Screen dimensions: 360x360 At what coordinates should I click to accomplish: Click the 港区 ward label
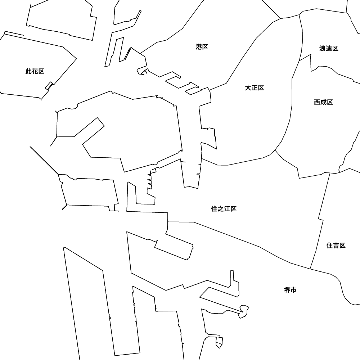click(202, 47)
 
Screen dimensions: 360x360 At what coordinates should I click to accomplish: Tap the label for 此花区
click(35, 71)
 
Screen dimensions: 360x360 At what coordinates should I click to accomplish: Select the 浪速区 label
click(329, 49)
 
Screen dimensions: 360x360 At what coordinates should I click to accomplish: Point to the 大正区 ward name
click(255, 88)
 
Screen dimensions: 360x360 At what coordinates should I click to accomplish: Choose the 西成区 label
click(324, 102)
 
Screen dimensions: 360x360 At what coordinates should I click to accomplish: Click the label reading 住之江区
click(224, 209)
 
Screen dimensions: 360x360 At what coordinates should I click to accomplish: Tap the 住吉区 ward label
click(336, 246)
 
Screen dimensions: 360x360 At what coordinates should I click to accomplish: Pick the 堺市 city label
click(290, 290)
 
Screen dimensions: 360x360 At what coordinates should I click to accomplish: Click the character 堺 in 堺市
click(287, 290)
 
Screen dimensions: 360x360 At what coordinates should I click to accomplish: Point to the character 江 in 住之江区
click(227, 209)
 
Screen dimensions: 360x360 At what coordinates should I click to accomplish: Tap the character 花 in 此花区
click(35, 71)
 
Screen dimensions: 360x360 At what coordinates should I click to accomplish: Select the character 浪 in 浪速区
click(322, 49)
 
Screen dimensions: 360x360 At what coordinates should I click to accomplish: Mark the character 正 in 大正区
click(255, 88)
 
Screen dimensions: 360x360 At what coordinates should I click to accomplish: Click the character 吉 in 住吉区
click(336, 246)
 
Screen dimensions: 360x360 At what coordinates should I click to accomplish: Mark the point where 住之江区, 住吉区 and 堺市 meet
click(310, 269)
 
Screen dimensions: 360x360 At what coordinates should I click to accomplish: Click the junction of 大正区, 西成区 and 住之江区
click(275, 150)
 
